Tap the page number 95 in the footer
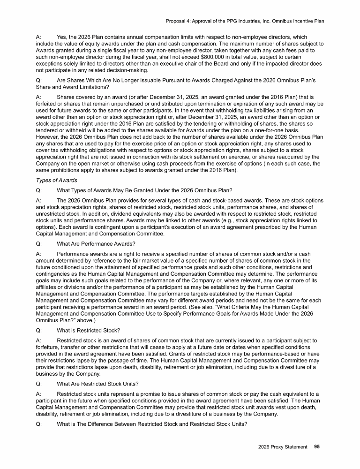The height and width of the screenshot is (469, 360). pyautogui.click(x=317, y=446)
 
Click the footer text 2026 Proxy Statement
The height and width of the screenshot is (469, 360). pyautogui.click(x=283, y=446)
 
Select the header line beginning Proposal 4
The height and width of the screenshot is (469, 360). pyautogui.click(x=245, y=21)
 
